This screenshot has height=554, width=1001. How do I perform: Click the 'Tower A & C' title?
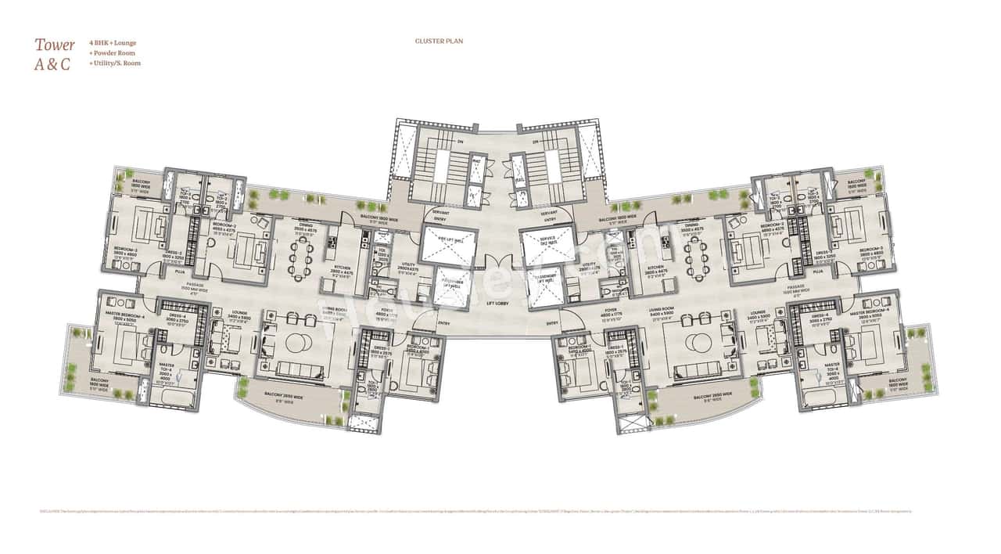pos(54,55)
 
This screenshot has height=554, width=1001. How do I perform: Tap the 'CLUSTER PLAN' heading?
pos(440,41)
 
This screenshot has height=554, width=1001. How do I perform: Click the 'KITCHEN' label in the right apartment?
pos(655,268)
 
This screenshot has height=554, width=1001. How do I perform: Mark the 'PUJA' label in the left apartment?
pos(181,272)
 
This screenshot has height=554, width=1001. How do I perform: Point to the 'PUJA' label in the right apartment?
pos(817,272)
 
